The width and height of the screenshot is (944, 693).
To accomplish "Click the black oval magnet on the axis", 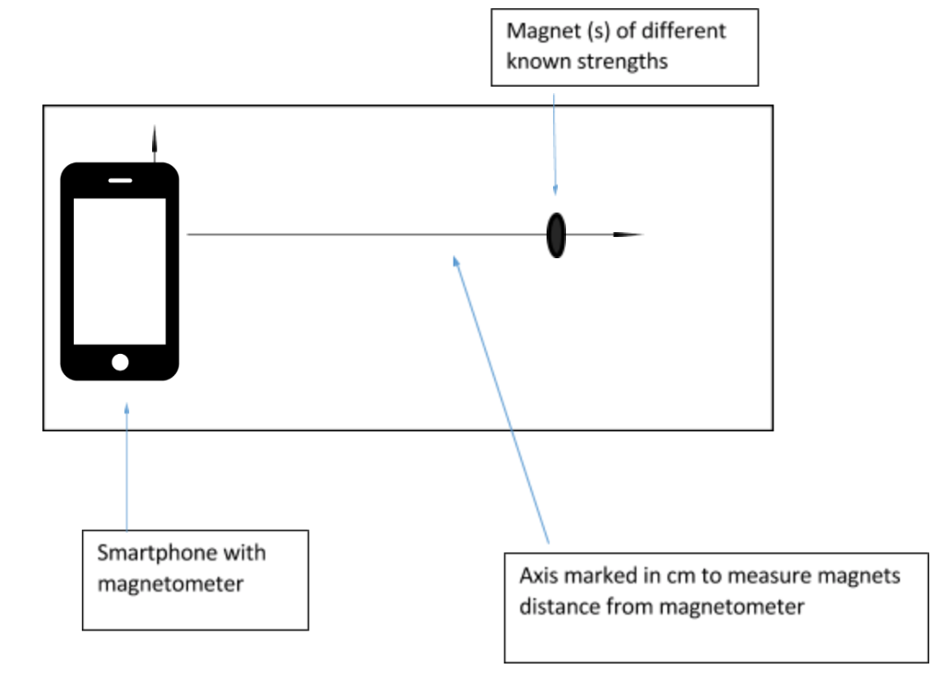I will coord(555,235).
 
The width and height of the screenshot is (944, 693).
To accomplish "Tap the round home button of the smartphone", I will coord(120,361).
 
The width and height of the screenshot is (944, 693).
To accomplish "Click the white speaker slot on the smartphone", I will coord(120,180).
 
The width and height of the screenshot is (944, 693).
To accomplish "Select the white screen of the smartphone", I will coord(120,271).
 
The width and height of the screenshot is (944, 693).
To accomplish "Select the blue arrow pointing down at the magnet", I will coord(555,138).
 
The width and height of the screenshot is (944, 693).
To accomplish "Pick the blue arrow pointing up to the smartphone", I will coord(126,461).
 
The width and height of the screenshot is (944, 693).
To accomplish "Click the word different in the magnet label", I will coord(681,30).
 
